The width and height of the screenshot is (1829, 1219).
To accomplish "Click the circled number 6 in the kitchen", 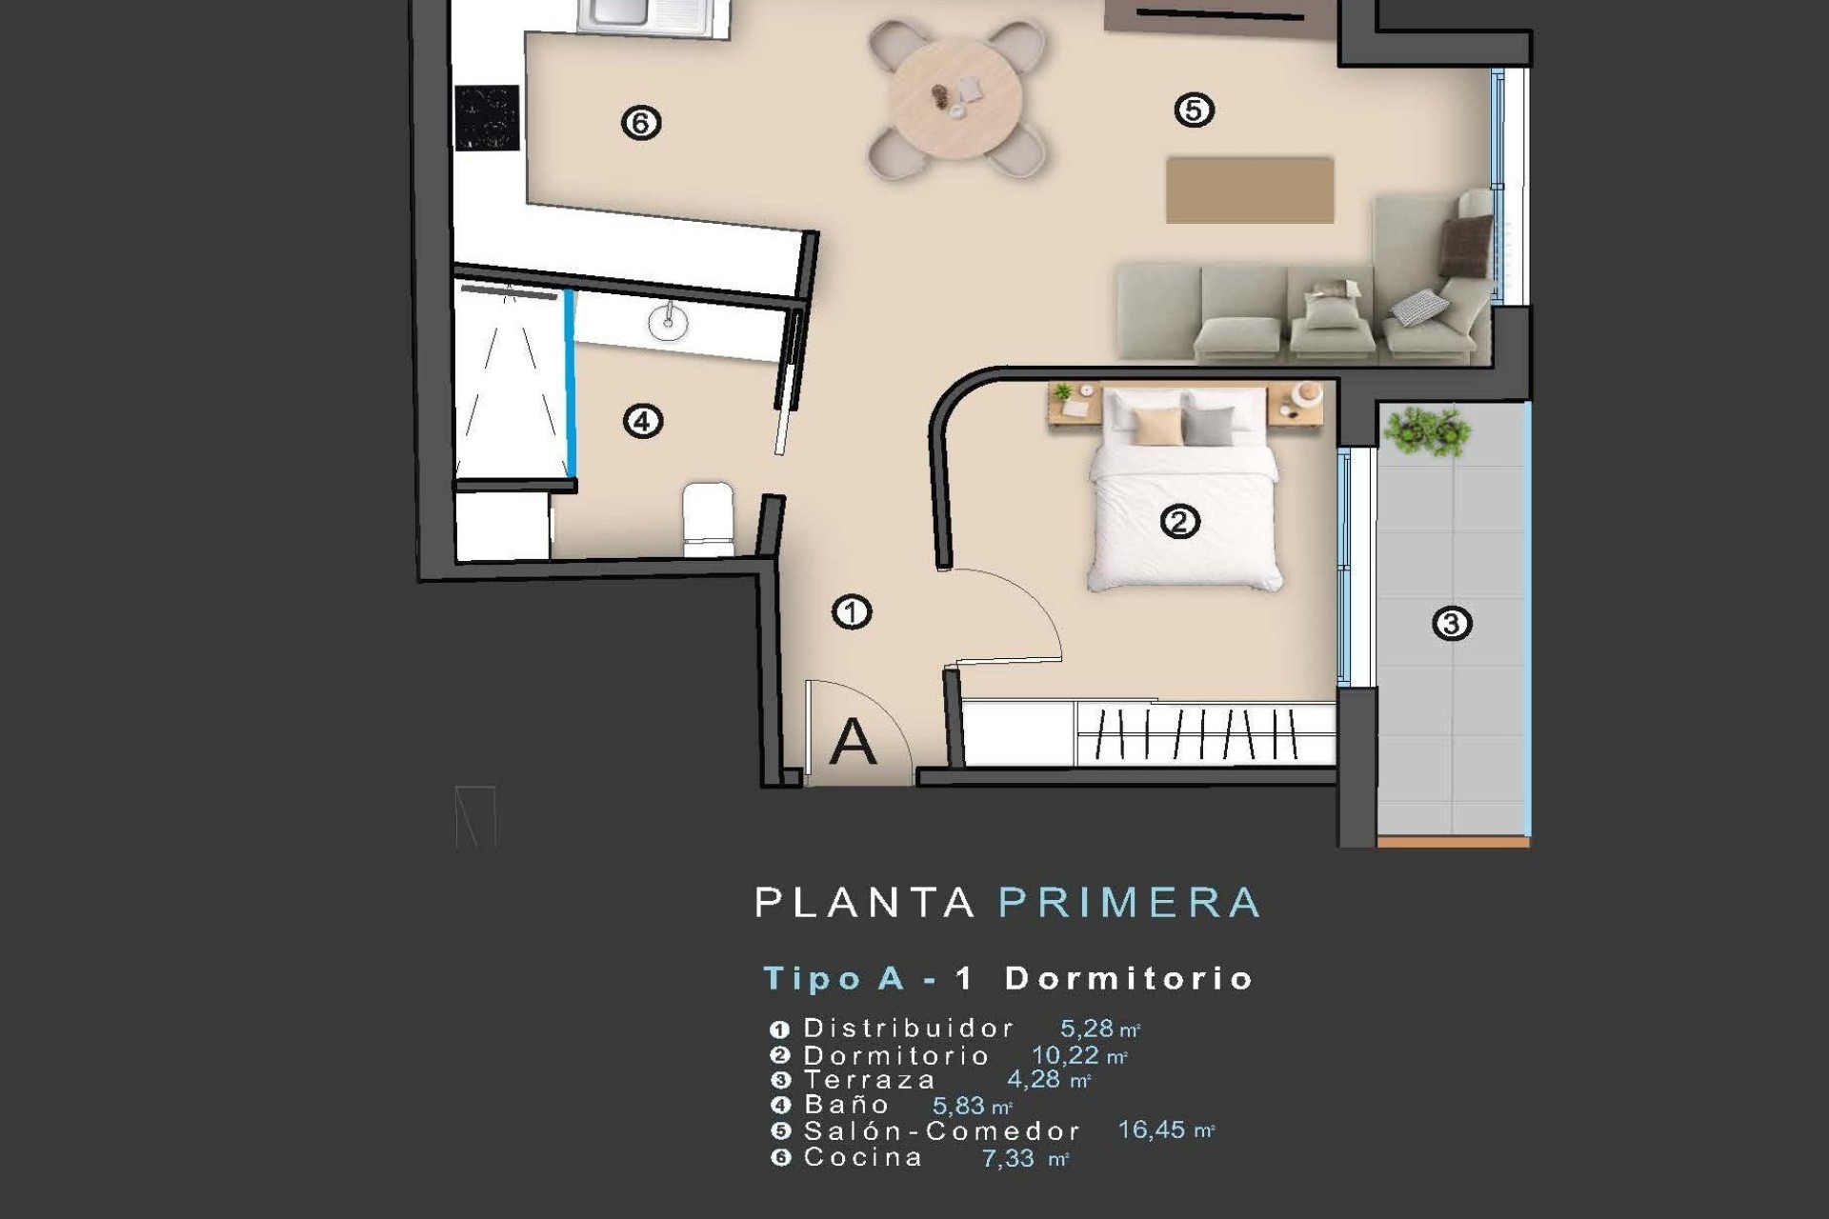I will [x=640, y=123].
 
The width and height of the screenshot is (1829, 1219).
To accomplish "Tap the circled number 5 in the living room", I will [x=1194, y=110].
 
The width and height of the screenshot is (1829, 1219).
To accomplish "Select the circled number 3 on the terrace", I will [x=1452, y=624].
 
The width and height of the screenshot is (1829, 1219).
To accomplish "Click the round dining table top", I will [x=955, y=95].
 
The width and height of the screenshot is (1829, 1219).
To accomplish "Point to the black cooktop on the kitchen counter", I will [x=487, y=118].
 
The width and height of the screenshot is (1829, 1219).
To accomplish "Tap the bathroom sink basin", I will [x=668, y=323].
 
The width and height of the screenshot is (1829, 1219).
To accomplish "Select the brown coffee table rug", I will [x=1249, y=190].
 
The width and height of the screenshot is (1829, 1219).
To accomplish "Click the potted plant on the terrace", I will [x=1426, y=431].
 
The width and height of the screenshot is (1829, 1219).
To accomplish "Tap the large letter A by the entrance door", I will [x=852, y=743].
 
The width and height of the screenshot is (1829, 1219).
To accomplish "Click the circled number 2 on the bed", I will [x=1179, y=522].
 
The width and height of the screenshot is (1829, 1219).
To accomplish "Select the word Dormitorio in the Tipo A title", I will [x=1129, y=979].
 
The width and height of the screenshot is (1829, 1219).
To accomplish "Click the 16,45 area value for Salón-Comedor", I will [x=1151, y=1130].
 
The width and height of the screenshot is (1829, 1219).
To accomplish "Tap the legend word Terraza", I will [x=870, y=1080].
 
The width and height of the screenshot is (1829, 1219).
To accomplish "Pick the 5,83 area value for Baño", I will [x=958, y=1106].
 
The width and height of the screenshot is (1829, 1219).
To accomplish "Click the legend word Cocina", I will [x=863, y=1158].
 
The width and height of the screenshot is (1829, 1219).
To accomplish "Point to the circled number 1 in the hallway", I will [x=852, y=612].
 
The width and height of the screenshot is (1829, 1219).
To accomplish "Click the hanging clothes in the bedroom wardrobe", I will [x=1205, y=734].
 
